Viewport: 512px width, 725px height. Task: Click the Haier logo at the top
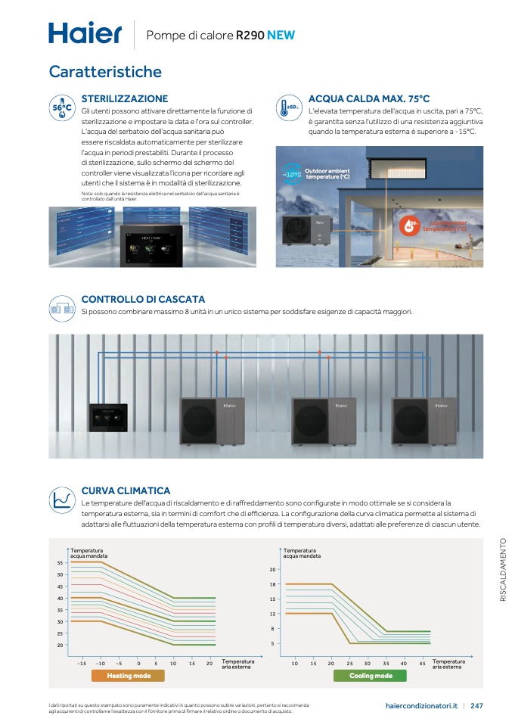(x=85, y=33)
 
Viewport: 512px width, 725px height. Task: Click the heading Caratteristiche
(x=105, y=72)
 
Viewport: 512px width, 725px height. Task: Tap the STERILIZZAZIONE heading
(x=124, y=99)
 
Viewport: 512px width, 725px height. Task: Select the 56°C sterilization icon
(x=61, y=108)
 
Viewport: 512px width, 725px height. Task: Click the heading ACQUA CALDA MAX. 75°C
(x=369, y=99)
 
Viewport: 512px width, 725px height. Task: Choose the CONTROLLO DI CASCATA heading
(x=143, y=300)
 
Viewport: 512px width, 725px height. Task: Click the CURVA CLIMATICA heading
(x=126, y=491)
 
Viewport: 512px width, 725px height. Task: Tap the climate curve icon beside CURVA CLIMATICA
(x=61, y=499)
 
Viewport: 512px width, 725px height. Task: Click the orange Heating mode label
(x=129, y=676)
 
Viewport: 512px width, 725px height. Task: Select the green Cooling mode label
(x=371, y=676)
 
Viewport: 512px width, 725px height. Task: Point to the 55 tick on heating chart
(x=60, y=563)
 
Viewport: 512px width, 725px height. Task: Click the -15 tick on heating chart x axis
(x=82, y=664)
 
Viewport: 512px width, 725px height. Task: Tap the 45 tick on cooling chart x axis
(x=422, y=664)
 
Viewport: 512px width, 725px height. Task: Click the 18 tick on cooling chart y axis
(x=273, y=584)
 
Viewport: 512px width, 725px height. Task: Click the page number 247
(x=476, y=706)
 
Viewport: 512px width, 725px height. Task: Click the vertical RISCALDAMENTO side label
(x=503, y=569)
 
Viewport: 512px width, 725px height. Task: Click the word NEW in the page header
(x=281, y=35)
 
